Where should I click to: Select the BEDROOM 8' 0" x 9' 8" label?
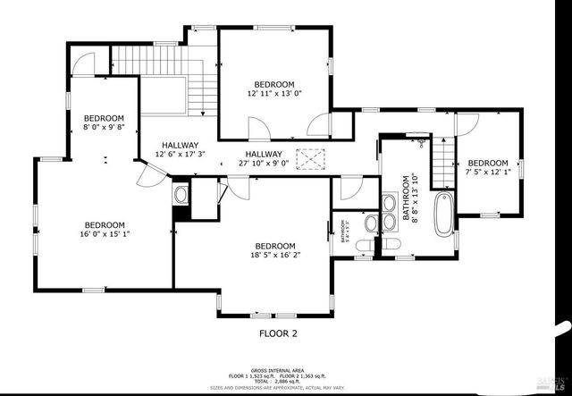(105, 123)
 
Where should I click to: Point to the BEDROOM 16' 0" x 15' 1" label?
(105, 230)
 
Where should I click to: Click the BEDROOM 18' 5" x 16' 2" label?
(274, 251)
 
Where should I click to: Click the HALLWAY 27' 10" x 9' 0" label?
(264, 158)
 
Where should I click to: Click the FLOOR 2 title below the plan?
(272, 333)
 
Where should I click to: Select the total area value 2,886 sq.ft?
(286, 381)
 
